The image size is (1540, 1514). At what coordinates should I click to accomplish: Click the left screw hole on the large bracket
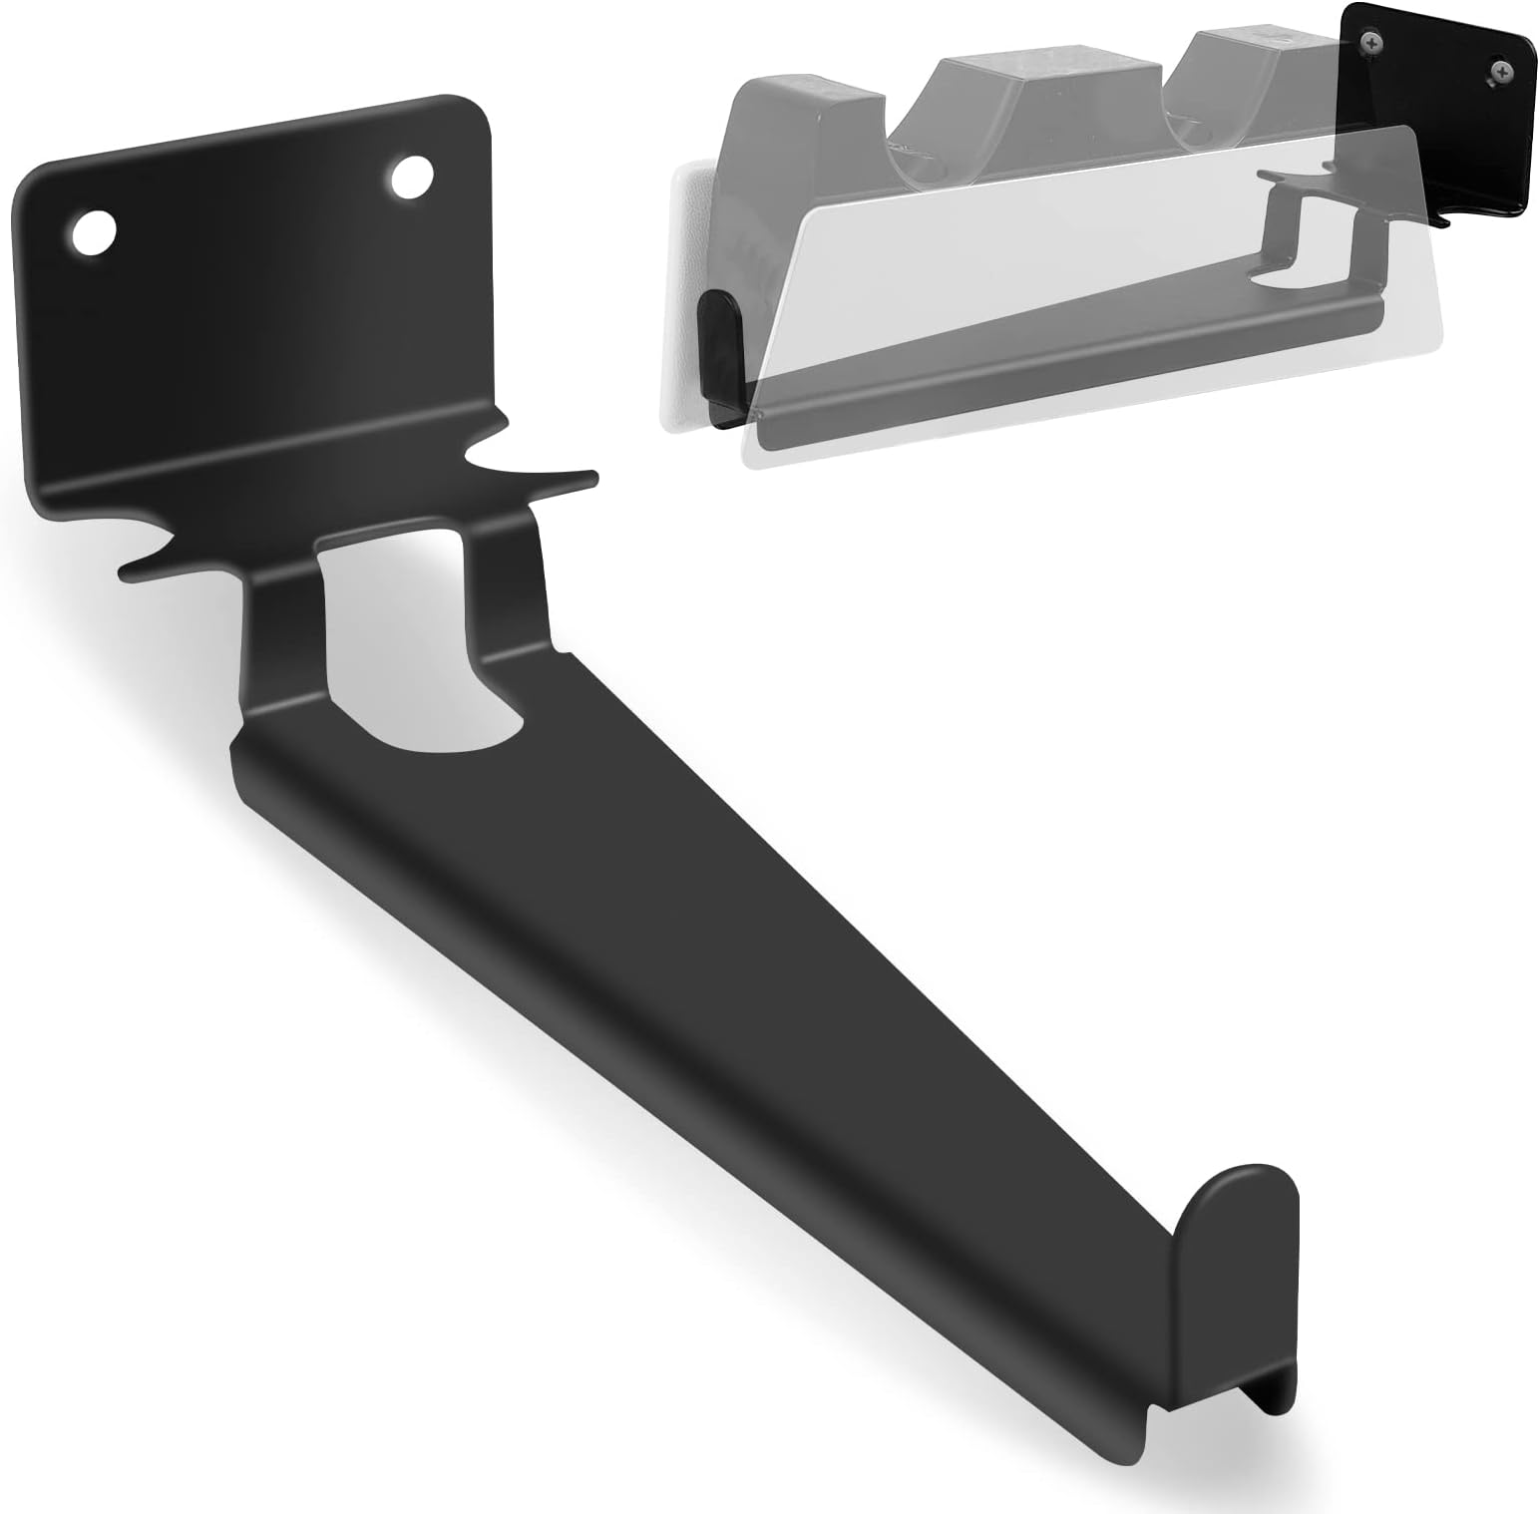tap(91, 233)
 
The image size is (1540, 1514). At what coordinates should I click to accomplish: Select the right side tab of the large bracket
tap(539, 477)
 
